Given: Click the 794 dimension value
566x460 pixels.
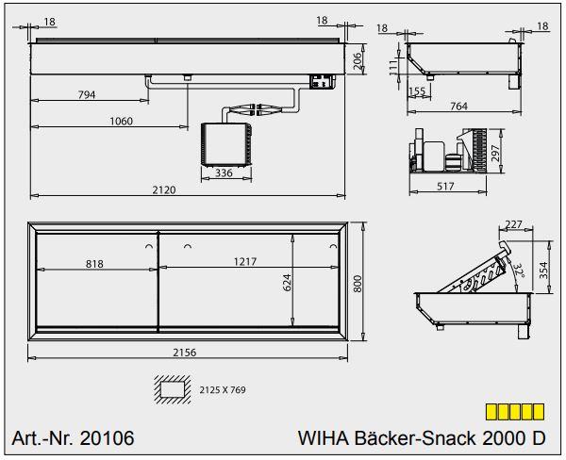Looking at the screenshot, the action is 87,94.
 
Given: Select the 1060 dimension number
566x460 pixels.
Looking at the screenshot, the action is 122,121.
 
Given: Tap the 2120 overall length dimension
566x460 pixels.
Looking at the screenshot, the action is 164,189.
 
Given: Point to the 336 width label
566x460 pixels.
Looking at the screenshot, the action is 224,172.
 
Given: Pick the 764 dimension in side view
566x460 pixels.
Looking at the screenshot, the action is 458,107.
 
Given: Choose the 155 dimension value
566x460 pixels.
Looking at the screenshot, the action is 417,90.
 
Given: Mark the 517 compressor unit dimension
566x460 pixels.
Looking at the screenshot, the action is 445,186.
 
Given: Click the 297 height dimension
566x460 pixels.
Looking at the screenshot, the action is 495,153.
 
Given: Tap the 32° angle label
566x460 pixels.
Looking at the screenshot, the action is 519,271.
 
